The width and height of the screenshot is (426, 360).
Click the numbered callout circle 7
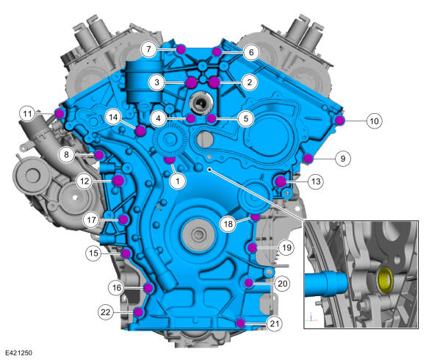coord(148,49)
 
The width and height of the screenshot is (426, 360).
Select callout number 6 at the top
coord(251,52)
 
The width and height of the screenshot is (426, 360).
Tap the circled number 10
coord(374,121)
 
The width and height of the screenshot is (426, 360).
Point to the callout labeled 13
coord(316,181)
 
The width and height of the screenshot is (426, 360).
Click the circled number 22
coord(106,312)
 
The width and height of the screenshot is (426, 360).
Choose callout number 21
coord(275,323)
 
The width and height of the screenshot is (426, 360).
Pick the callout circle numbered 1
coord(178,181)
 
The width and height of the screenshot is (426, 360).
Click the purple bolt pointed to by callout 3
coord(191,82)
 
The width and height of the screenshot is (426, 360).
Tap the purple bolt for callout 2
coord(214,82)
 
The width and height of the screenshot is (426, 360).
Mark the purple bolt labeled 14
coord(141,132)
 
